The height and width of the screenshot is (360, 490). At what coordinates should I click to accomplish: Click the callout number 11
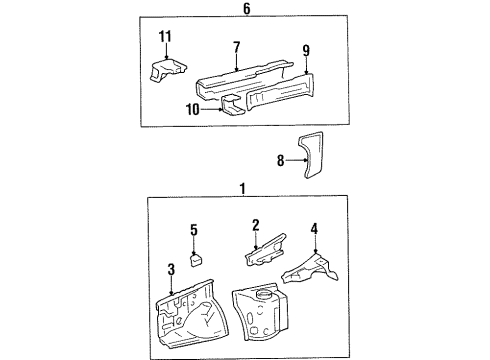click(165, 36)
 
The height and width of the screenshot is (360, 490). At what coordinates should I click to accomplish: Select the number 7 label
click(237, 47)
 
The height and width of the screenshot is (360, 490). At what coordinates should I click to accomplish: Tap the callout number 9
click(306, 51)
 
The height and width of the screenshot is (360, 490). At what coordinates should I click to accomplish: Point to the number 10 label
click(192, 109)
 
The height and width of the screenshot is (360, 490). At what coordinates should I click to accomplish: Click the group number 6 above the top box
click(246, 9)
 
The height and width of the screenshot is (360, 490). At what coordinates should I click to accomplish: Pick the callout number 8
click(280, 161)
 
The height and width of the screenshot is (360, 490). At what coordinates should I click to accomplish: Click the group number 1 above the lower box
click(243, 189)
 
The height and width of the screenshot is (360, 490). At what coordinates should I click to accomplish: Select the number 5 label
click(194, 230)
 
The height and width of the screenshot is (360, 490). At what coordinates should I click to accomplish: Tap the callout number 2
click(256, 225)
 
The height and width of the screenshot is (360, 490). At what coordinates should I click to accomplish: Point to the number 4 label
click(314, 229)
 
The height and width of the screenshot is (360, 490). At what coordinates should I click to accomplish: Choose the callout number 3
click(171, 269)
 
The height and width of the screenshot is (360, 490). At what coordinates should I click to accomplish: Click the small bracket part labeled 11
click(168, 70)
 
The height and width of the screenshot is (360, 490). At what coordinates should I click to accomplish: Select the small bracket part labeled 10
click(232, 105)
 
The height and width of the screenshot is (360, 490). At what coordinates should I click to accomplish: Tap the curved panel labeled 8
click(310, 155)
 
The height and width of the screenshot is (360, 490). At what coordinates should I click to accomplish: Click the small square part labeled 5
click(197, 260)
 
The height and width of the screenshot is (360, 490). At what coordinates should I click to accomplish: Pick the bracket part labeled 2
click(266, 251)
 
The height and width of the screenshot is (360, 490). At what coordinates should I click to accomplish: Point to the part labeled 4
click(310, 269)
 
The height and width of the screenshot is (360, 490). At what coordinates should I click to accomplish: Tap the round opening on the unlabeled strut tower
click(265, 294)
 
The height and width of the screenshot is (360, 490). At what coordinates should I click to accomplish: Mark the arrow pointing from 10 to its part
click(212, 109)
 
